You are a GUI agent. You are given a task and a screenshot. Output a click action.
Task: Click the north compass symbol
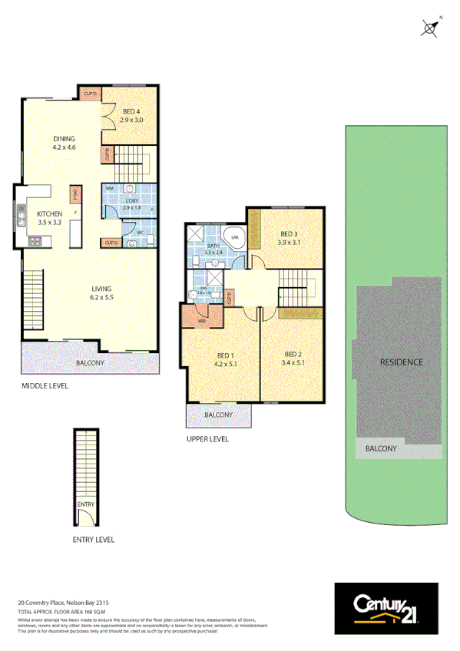point(431,28)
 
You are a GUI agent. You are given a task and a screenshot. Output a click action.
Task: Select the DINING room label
point(64,139)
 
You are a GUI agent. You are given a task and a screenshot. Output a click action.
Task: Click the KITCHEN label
point(50,214)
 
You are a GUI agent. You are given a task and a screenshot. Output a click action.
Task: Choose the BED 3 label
point(289,233)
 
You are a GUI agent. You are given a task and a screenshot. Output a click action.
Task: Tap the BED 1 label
point(225,355)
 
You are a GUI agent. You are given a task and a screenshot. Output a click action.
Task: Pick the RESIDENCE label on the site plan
point(402,362)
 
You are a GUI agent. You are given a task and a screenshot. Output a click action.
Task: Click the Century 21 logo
point(386,608)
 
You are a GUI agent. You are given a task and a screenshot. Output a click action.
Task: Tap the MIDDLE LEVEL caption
point(45,386)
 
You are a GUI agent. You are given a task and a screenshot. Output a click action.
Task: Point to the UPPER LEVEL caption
point(207,439)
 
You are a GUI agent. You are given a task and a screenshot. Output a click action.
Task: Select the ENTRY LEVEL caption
point(93,540)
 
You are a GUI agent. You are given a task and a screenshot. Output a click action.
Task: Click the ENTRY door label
point(85,504)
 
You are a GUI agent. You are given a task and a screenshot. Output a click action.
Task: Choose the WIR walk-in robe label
point(201,320)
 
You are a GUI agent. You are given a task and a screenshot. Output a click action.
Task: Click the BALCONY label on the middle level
point(90,363)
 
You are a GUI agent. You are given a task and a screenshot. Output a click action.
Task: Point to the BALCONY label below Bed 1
point(218,415)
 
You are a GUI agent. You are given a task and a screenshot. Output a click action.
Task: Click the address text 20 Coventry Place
point(68,603)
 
